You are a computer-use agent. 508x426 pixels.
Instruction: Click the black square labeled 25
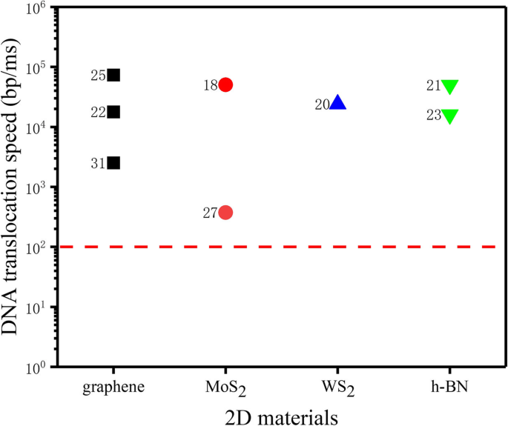[113, 75]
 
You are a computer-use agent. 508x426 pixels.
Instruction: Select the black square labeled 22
[113, 112]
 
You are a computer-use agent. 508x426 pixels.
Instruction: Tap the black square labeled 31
[113, 163]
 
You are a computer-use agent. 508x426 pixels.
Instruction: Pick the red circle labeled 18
[226, 84]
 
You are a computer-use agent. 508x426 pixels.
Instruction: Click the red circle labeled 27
[226, 213]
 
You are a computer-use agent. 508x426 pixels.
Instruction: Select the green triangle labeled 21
[450, 87]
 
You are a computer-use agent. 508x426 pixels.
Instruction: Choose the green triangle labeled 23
[450, 116]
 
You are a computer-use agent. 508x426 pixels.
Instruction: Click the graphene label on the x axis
[113, 387]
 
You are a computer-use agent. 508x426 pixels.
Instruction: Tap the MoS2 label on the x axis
[226, 387]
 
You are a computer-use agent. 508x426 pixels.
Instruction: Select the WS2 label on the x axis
[338, 387]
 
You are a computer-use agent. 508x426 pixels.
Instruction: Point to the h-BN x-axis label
[450, 387]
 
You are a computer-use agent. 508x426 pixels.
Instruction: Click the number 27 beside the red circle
[210, 213]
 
